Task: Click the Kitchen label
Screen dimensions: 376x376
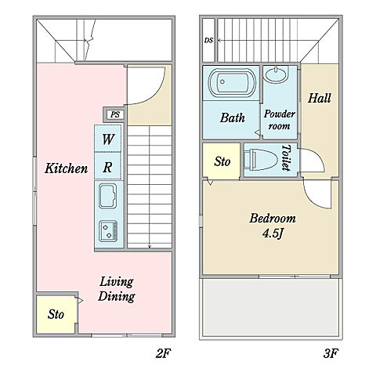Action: (66, 168)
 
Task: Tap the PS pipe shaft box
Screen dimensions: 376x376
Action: (115, 114)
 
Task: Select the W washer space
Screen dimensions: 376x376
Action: (107, 139)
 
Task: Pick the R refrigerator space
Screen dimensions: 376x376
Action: (107, 166)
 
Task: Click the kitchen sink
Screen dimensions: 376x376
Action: (107, 196)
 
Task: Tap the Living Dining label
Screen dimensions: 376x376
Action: (117, 289)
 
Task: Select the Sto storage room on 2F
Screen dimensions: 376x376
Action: (56, 315)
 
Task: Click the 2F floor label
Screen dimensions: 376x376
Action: (163, 354)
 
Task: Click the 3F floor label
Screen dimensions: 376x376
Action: (331, 354)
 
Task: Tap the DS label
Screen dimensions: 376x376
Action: (208, 41)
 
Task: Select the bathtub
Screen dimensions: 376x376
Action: (232, 83)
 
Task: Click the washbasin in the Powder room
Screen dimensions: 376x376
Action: (277, 74)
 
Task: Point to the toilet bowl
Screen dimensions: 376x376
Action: (261, 160)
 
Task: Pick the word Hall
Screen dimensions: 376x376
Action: (320, 98)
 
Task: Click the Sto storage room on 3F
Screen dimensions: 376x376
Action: (222, 161)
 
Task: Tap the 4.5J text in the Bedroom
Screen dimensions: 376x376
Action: (273, 233)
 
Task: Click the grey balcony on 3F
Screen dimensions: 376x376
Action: (271, 308)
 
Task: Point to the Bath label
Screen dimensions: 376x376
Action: (232, 117)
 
